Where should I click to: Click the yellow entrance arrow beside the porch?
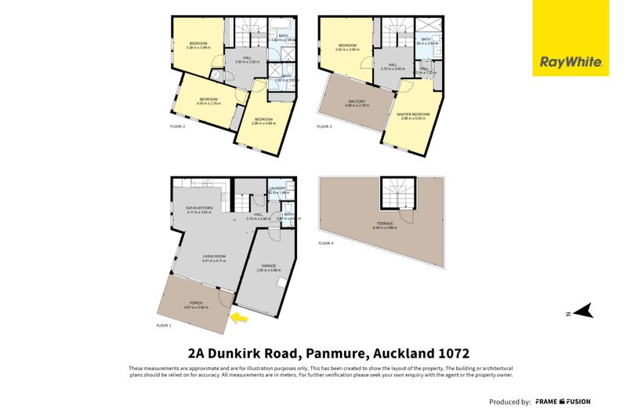[x=240, y=318]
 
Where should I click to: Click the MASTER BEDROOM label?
[x=413, y=115]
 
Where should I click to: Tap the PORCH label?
[x=195, y=304]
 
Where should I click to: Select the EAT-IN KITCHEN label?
[x=190, y=208]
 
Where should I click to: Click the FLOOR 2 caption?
[x=178, y=126]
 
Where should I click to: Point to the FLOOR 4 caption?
[x=325, y=244]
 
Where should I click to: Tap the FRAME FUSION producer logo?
[x=563, y=402]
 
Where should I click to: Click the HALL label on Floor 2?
[x=247, y=57]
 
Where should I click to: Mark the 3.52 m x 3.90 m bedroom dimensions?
[x=347, y=49]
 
